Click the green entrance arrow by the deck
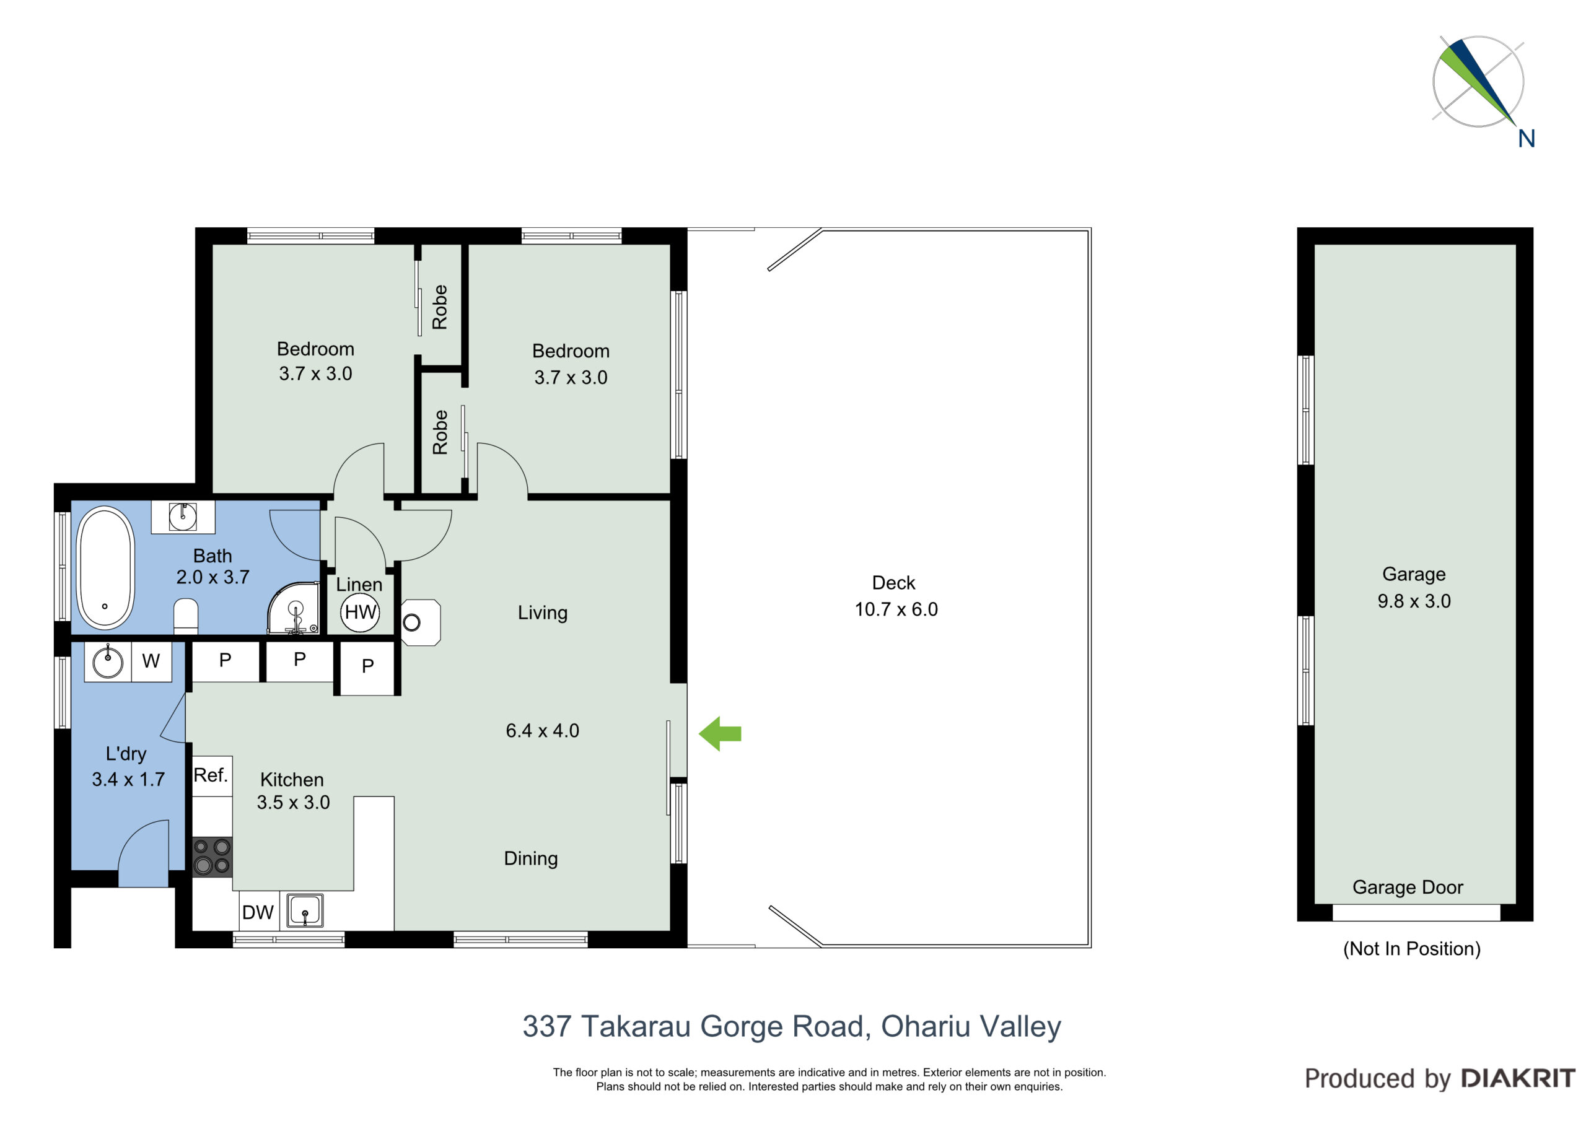(720, 733)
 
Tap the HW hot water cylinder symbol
(360, 612)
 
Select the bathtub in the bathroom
(105, 569)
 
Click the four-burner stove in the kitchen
(212, 857)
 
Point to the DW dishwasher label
(258, 912)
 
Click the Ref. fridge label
(211, 775)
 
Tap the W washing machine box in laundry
(151, 661)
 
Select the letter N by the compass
(1527, 139)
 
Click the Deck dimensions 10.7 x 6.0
(896, 609)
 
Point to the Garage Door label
(1407, 887)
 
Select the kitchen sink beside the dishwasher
(305, 910)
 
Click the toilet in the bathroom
(186, 617)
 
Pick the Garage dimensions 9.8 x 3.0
(1414, 601)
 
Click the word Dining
(530, 858)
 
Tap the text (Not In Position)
(1412, 948)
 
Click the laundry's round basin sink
(108, 661)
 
